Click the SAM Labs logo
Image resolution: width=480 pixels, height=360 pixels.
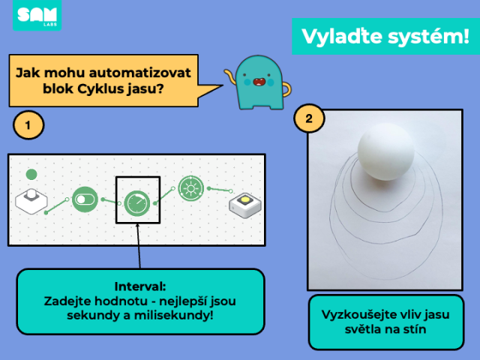37,15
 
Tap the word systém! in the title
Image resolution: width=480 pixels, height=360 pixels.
428,37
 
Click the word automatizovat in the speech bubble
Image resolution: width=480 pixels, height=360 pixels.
139,73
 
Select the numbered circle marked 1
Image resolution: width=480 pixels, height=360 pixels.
28,125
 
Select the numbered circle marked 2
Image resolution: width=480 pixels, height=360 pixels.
309,118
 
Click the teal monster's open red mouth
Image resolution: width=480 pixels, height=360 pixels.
259,82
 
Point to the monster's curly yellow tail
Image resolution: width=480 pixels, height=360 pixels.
230,76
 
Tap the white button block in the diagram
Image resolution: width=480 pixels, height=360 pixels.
31,201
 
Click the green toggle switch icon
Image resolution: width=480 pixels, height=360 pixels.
85,199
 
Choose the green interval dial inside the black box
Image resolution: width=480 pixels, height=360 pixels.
137,203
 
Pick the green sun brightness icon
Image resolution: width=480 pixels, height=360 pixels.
191,188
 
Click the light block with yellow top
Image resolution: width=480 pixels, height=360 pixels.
245,205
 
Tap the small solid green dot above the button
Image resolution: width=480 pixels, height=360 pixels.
31,175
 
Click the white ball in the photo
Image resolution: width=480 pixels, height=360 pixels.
386,151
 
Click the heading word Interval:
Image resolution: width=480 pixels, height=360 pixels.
140,286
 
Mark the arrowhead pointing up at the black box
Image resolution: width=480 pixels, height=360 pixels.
137,226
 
